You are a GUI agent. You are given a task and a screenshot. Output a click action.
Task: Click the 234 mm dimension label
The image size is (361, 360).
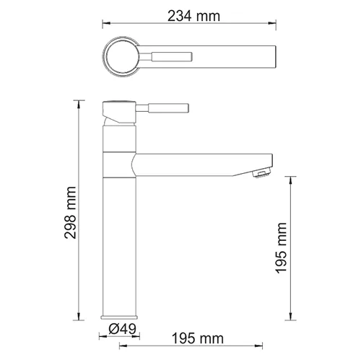point(193,17)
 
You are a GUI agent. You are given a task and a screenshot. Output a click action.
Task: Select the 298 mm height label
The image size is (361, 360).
point(71,213)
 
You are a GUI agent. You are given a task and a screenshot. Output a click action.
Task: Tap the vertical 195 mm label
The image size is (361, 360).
point(281,248)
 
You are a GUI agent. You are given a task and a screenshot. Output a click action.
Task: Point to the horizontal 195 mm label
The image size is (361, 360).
point(198,338)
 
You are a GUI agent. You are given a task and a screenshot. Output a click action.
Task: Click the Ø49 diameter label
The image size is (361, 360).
point(122,328)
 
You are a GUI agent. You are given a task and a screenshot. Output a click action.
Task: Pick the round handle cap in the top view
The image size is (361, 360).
point(123,57)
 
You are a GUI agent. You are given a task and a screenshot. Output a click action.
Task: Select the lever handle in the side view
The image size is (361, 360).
point(162,107)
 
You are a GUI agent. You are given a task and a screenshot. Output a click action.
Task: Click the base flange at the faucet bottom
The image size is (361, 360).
point(119,317)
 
